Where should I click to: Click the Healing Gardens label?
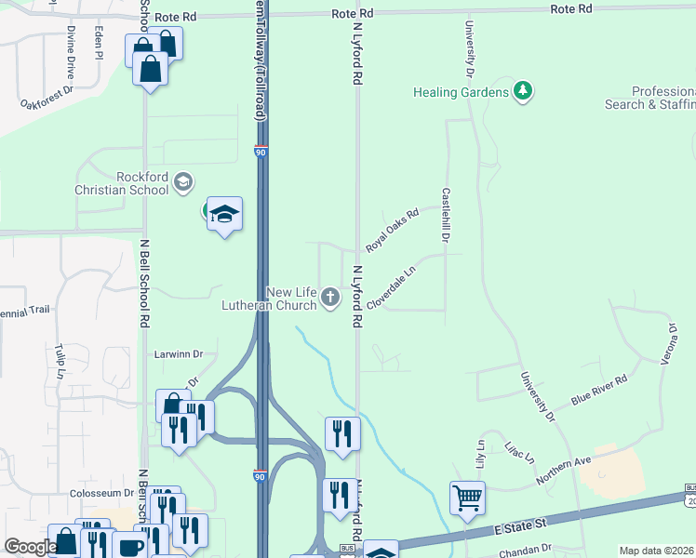462,92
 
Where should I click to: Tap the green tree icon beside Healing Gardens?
524,91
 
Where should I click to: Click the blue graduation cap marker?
224,215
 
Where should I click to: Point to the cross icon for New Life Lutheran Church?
330,298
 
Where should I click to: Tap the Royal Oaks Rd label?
393,230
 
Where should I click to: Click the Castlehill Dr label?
447,216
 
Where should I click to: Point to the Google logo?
30,548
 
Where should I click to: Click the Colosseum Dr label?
102,493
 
